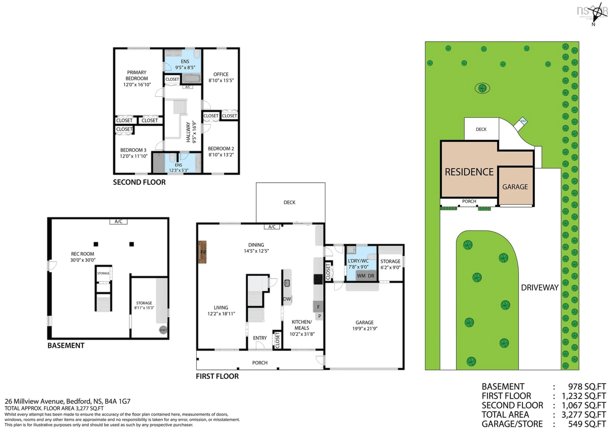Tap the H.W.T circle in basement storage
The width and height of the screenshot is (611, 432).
click(x=163, y=330)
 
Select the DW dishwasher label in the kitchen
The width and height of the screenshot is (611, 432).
click(x=287, y=299)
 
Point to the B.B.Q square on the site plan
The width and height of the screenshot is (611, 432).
click(x=523, y=121)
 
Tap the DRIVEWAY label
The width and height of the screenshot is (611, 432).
click(x=539, y=287)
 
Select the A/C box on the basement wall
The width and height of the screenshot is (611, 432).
click(x=118, y=221)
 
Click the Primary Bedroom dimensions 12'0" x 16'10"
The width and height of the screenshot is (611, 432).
click(x=137, y=85)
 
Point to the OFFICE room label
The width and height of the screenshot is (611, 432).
click(x=221, y=74)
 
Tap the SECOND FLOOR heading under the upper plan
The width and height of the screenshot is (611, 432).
click(x=139, y=182)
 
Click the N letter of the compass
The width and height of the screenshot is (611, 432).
click(x=593, y=24)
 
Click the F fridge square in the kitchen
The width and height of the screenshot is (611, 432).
click(x=318, y=307)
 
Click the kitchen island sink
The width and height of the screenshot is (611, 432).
click(x=287, y=283)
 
